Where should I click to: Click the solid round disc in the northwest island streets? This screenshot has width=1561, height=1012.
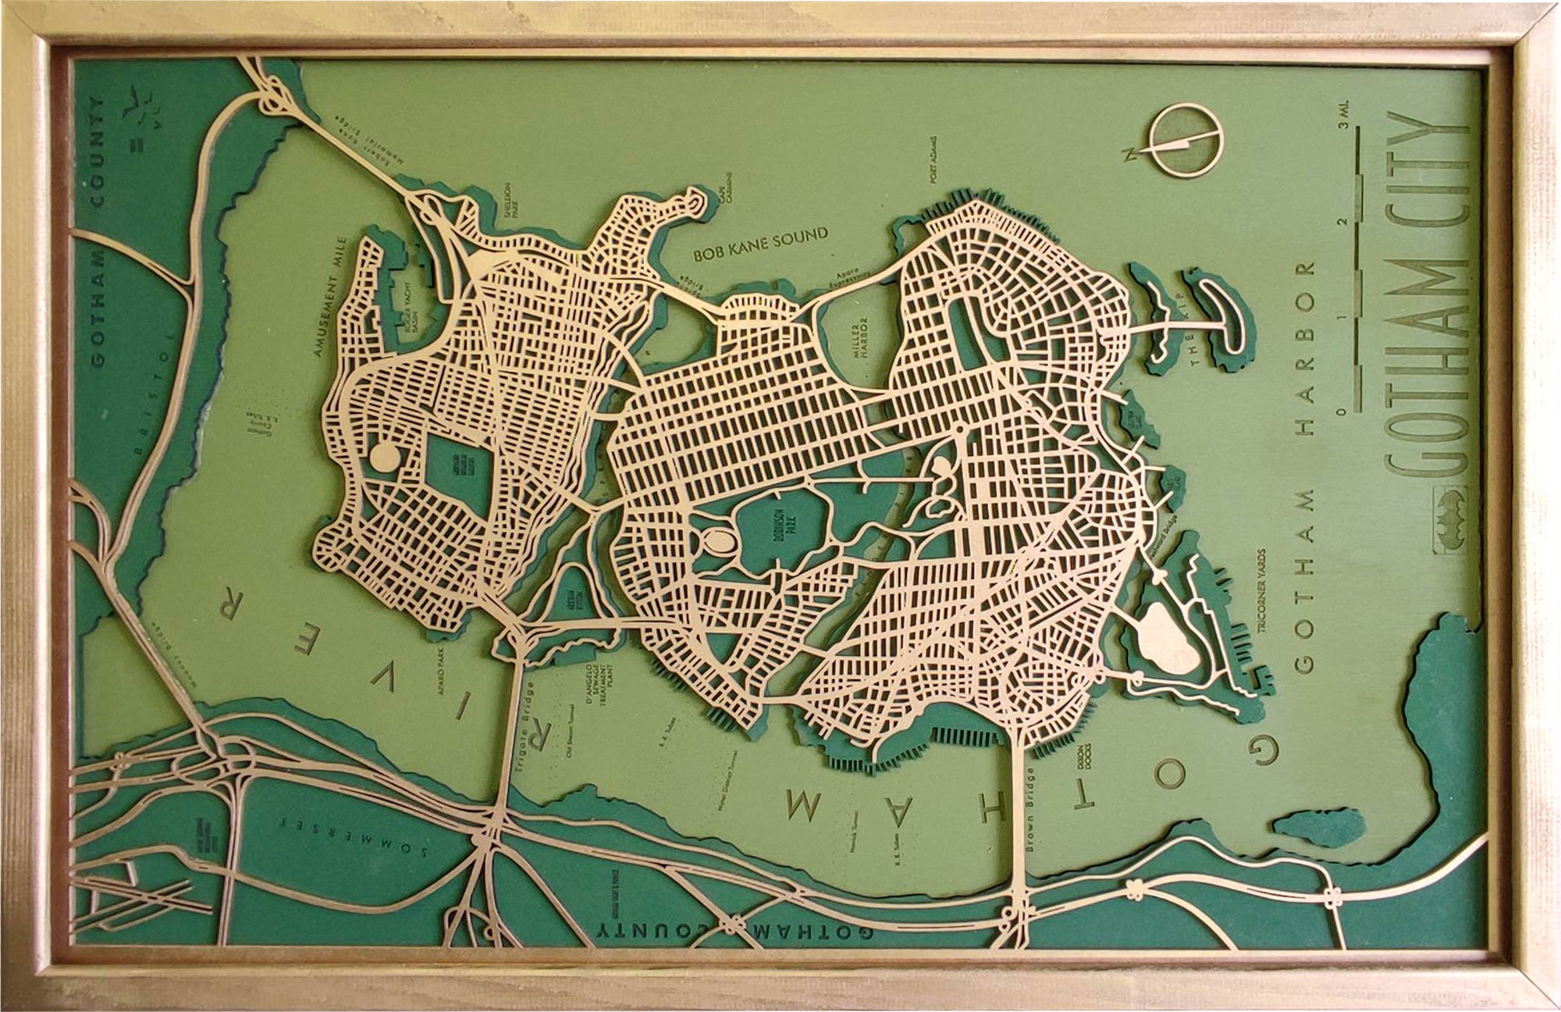pos(383,456)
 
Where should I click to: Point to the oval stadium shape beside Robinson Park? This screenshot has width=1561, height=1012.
pos(716,539)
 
